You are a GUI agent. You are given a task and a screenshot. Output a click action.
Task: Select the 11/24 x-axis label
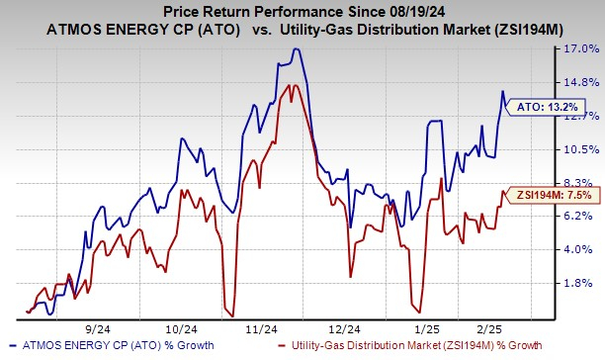[x=259, y=326]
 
